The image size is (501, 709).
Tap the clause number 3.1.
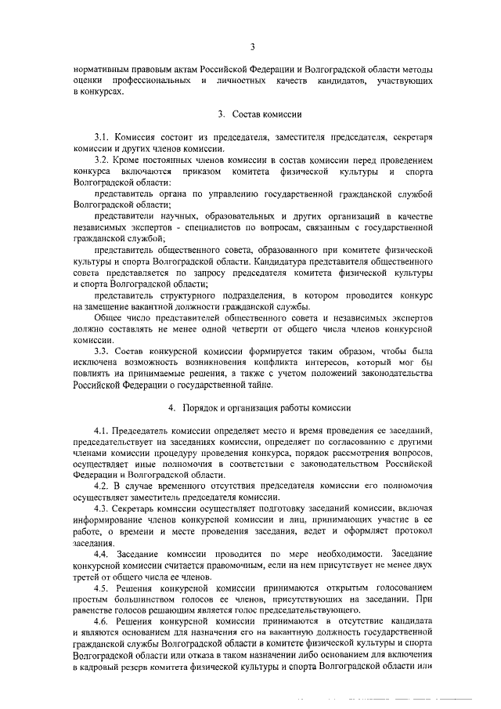pyautogui.click(x=102, y=137)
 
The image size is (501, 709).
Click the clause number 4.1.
pyautogui.click(x=102, y=431)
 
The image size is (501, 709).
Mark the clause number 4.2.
pyautogui.click(x=102, y=486)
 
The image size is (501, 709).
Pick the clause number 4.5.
pyautogui.click(x=102, y=586)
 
